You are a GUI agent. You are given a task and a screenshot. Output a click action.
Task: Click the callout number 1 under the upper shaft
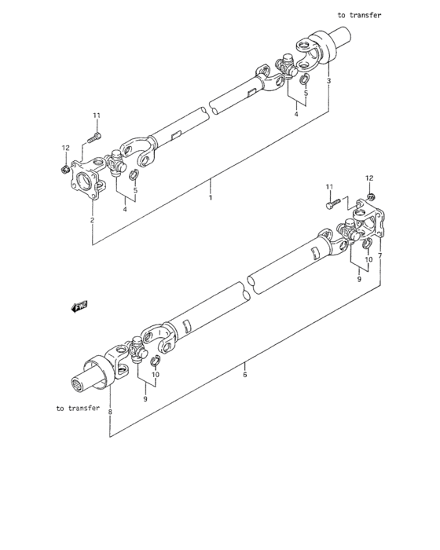pyautogui.click(x=210, y=198)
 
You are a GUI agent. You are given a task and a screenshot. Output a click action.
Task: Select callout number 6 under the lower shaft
pyautogui.click(x=244, y=375)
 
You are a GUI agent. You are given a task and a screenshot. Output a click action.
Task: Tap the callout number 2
pyautogui.click(x=92, y=220)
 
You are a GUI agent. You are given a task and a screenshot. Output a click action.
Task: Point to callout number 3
pyautogui.click(x=328, y=82)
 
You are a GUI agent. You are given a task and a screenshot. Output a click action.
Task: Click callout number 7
pyautogui.click(x=380, y=256)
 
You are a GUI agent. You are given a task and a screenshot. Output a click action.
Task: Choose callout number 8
pyautogui.click(x=110, y=412)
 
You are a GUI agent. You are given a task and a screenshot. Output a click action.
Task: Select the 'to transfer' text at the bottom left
pyautogui.click(x=78, y=408)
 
